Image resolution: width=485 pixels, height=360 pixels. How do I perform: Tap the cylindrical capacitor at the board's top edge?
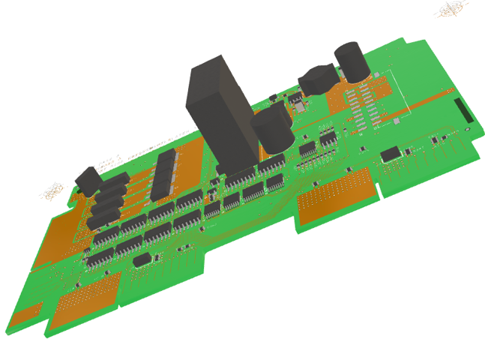coord(349,61)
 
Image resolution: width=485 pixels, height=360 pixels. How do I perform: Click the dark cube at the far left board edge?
coord(88,181)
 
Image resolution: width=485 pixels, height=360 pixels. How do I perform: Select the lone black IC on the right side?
coord(390,154)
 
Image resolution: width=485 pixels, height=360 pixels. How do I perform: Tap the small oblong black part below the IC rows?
coord(142,260)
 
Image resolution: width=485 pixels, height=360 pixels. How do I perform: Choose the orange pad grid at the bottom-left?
coord(88,295)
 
